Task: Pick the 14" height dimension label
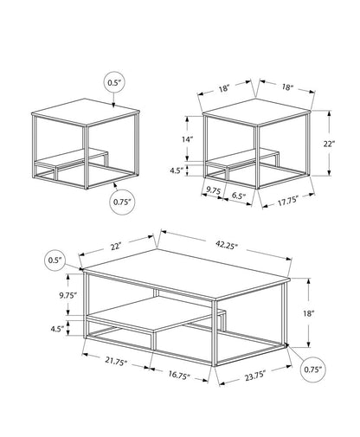click(x=187, y=139)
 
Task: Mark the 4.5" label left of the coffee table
click(x=58, y=329)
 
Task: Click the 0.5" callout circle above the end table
click(x=115, y=83)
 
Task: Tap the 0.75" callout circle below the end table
click(x=123, y=202)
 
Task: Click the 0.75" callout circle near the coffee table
click(x=314, y=370)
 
